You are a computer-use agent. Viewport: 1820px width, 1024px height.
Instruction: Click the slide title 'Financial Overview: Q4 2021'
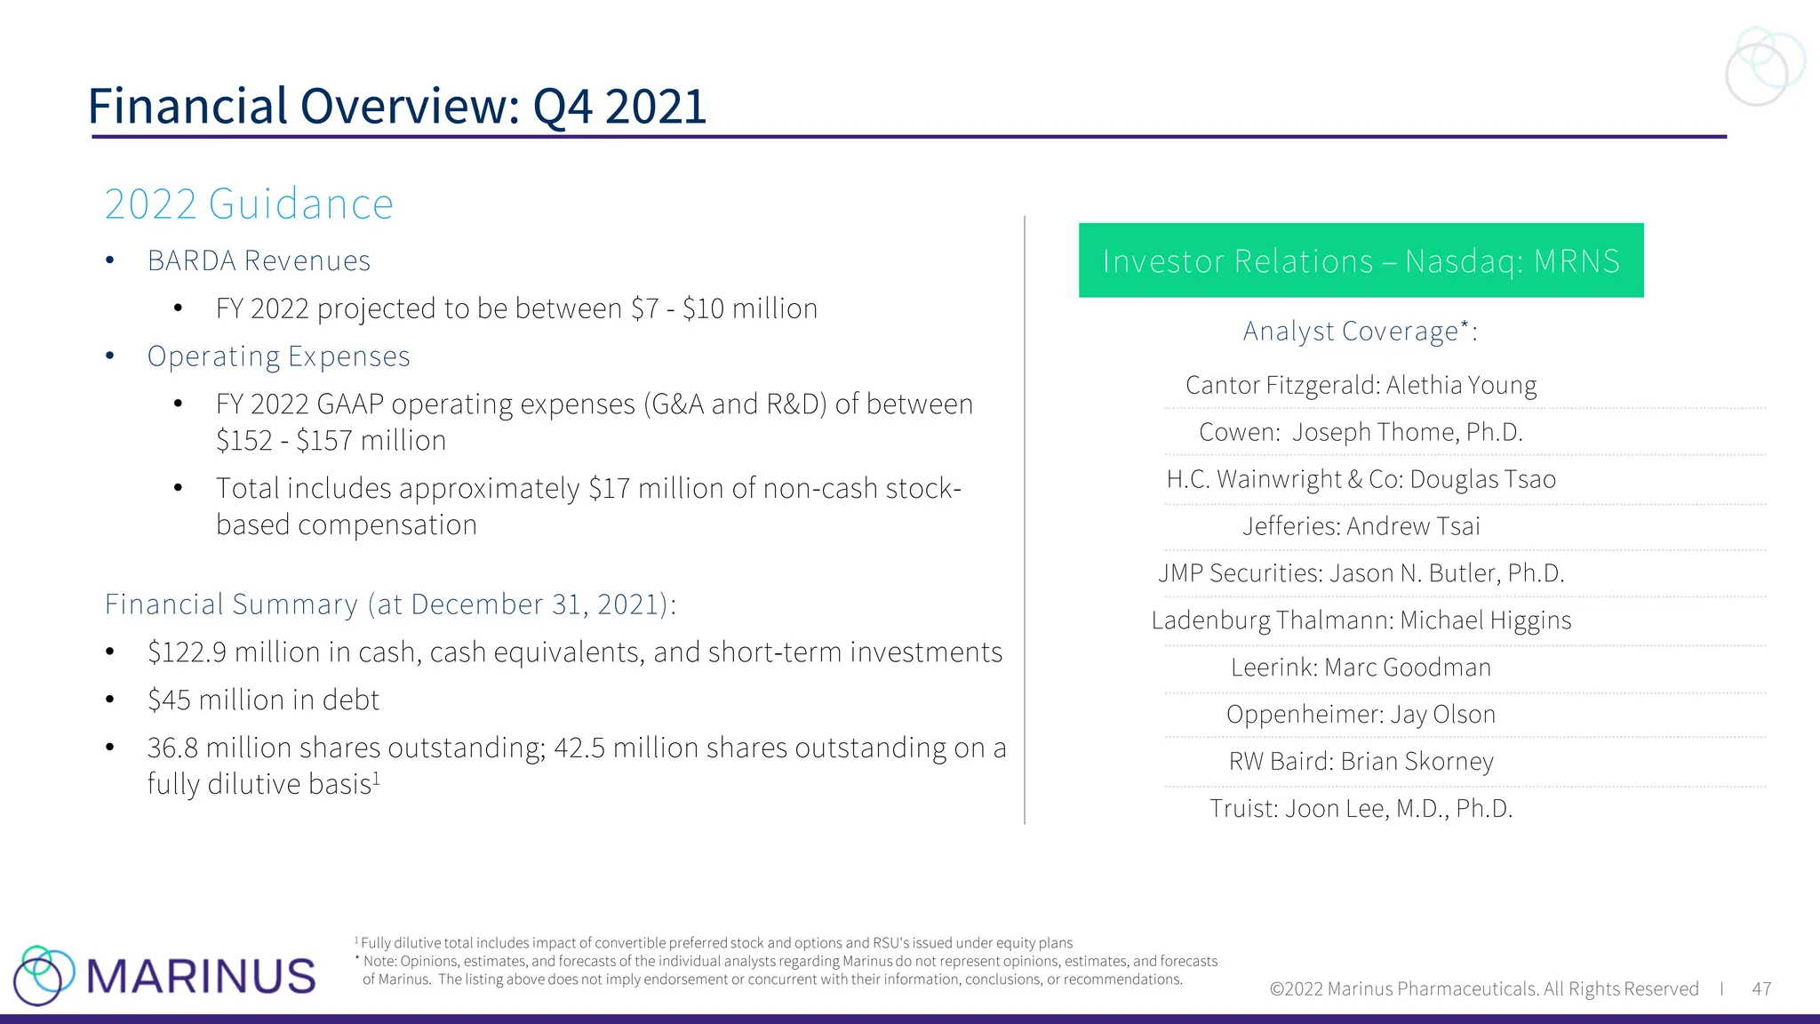point(396,107)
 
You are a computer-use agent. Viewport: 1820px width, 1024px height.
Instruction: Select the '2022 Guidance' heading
point(249,204)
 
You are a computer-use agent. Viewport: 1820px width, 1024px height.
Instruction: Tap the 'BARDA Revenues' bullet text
point(259,261)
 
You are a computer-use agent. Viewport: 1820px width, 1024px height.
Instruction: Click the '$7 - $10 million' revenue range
point(723,308)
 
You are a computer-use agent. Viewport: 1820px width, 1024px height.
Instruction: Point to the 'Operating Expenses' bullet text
point(278,356)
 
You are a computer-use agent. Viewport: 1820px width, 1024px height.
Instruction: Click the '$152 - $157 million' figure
point(331,441)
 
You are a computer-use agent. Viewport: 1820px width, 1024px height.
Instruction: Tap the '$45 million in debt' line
point(263,700)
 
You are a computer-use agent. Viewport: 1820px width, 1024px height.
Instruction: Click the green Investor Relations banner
point(1361,260)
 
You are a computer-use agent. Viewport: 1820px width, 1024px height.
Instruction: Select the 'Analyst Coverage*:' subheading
point(1360,332)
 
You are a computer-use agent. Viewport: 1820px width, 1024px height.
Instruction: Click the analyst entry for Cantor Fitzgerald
point(1361,386)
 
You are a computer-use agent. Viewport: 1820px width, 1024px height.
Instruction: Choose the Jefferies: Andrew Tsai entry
point(1361,526)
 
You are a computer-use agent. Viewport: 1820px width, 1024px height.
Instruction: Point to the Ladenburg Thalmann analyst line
point(1361,620)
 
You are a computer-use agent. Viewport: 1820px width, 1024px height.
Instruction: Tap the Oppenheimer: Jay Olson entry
point(1361,715)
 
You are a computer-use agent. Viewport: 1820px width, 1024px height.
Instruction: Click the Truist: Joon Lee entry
point(1361,809)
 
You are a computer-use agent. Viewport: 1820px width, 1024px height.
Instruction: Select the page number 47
point(1761,989)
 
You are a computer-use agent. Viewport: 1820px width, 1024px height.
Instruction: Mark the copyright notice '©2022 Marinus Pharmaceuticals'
point(1483,989)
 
